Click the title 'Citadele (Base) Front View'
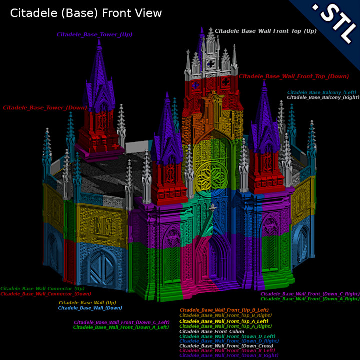click(x=86, y=13)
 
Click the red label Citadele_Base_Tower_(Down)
click(x=45, y=107)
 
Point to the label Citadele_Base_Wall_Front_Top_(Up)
click(x=266, y=31)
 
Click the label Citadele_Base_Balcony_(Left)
click(x=321, y=92)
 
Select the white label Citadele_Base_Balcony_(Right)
click(x=323, y=97)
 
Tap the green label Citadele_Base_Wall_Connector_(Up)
click(x=42, y=289)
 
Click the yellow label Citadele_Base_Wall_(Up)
click(x=87, y=303)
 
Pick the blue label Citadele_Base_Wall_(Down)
click(x=90, y=308)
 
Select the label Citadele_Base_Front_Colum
click(x=212, y=332)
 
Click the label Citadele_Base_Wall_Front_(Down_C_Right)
click(x=309, y=294)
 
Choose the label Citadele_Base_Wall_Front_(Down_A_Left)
click(x=121, y=327)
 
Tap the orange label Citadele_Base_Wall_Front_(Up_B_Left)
click(x=225, y=310)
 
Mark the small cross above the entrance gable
click(x=212, y=207)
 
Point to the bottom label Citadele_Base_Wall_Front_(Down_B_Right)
click(x=228, y=355)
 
